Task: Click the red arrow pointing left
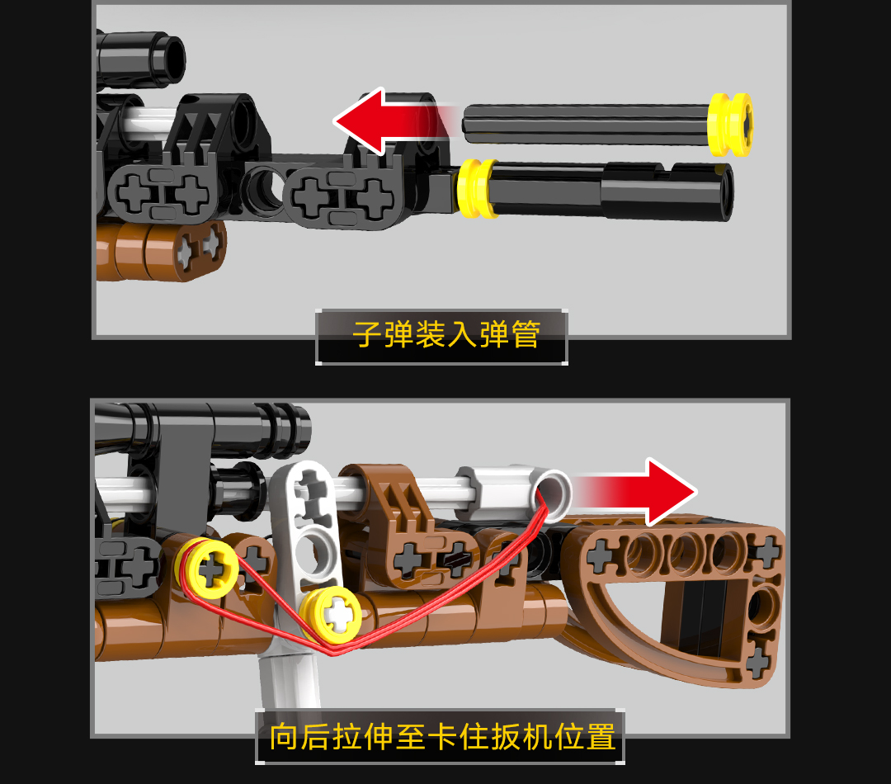coord(392,121)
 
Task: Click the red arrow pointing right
coord(636,491)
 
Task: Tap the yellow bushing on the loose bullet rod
coord(731,124)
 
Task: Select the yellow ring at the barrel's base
coord(478,188)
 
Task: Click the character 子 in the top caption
coord(367,334)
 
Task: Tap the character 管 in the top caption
coord(526,334)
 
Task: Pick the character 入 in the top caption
coord(462,334)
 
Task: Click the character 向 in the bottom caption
coord(284,737)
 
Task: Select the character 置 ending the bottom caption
coord(601,737)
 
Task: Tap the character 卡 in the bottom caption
coord(443,737)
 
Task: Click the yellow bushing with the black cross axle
coord(210,569)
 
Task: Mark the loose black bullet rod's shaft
coord(585,123)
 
